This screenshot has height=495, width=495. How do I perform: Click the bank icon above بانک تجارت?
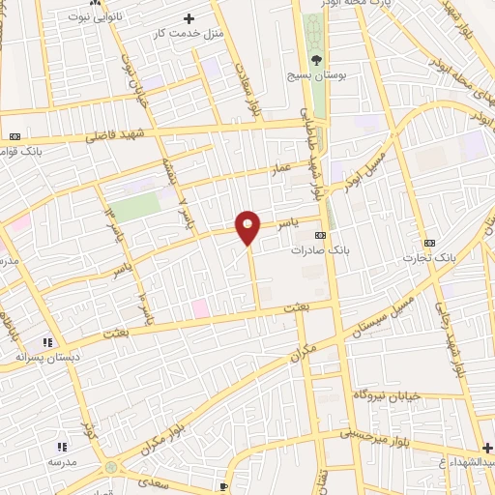tap(429, 243)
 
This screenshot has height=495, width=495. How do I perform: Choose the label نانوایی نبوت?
tap(74, 17)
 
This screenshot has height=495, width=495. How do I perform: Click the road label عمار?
tap(279, 169)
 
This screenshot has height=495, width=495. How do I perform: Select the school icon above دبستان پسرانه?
tap(45, 342)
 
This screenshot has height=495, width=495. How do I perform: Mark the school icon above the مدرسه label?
tap(62, 447)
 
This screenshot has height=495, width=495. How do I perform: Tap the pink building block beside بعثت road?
tap(200, 307)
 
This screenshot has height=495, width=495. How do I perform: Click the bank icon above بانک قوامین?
tap(15, 136)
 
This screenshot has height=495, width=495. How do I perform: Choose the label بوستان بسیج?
tap(315, 73)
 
